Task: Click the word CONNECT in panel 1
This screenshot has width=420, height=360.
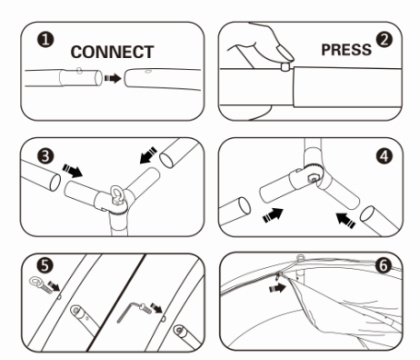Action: coord(112,52)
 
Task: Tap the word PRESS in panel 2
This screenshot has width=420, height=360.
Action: coord(346,50)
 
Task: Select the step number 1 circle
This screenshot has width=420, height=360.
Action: coord(45,40)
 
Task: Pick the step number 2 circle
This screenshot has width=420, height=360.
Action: coord(384,40)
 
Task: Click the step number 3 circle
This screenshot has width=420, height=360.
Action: coord(45,156)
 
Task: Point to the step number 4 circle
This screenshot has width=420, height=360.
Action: coord(384,157)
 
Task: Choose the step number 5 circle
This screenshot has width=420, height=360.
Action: coord(45,265)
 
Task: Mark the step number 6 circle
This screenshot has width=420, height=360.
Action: coord(384,265)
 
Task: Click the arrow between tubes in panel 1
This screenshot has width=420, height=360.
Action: coord(112,78)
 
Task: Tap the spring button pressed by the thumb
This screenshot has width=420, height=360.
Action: coord(286,67)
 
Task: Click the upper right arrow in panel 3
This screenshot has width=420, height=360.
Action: coord(148,156)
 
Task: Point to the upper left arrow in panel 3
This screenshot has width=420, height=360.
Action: coord(73,170)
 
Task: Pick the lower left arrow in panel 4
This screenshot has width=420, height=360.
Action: coord(273,215)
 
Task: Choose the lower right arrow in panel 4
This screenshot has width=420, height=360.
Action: coord(346,220)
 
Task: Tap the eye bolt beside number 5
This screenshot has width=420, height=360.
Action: coord(40,285)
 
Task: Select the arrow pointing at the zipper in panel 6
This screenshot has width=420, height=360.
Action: coord(277,288)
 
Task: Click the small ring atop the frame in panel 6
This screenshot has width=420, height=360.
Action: coord(300,257)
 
